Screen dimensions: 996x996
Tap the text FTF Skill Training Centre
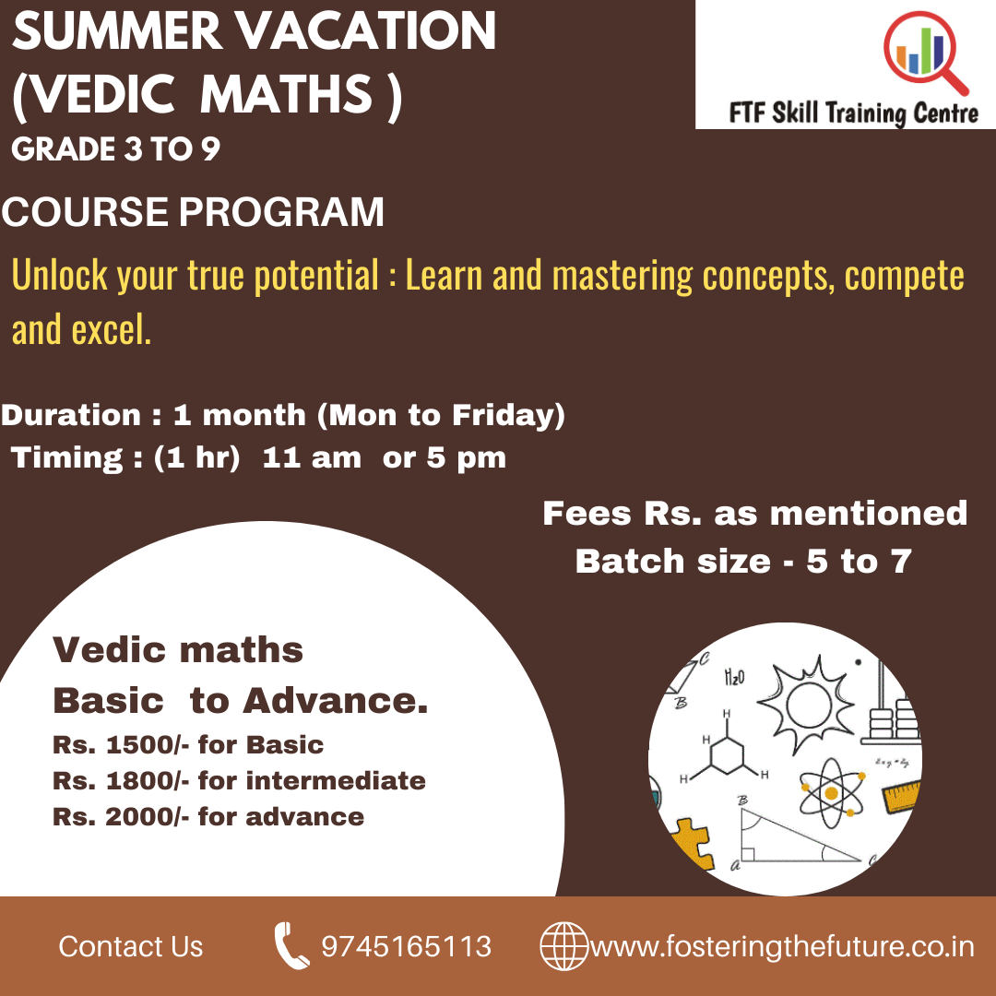pos(853,113)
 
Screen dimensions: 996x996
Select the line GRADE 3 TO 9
pos(116,149)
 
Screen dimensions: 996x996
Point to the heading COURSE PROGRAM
pos(194,213)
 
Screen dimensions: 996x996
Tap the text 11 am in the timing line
pos(312,458)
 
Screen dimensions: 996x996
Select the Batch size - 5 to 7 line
pos(743,561)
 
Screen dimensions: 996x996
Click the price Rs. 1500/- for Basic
pos(188,744)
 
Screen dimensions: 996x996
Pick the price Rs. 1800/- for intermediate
pos(239,780)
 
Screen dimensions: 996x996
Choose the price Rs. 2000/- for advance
pos(208,816)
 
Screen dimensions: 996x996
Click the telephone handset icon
pos(291,946)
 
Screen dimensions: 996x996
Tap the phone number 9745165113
pos(407,947)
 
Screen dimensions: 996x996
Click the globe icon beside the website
pos(563,946)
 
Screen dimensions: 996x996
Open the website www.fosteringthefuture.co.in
pos(781,947)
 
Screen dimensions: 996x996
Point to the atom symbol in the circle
pos(831,792)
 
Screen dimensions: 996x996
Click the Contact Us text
pos(131,947)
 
